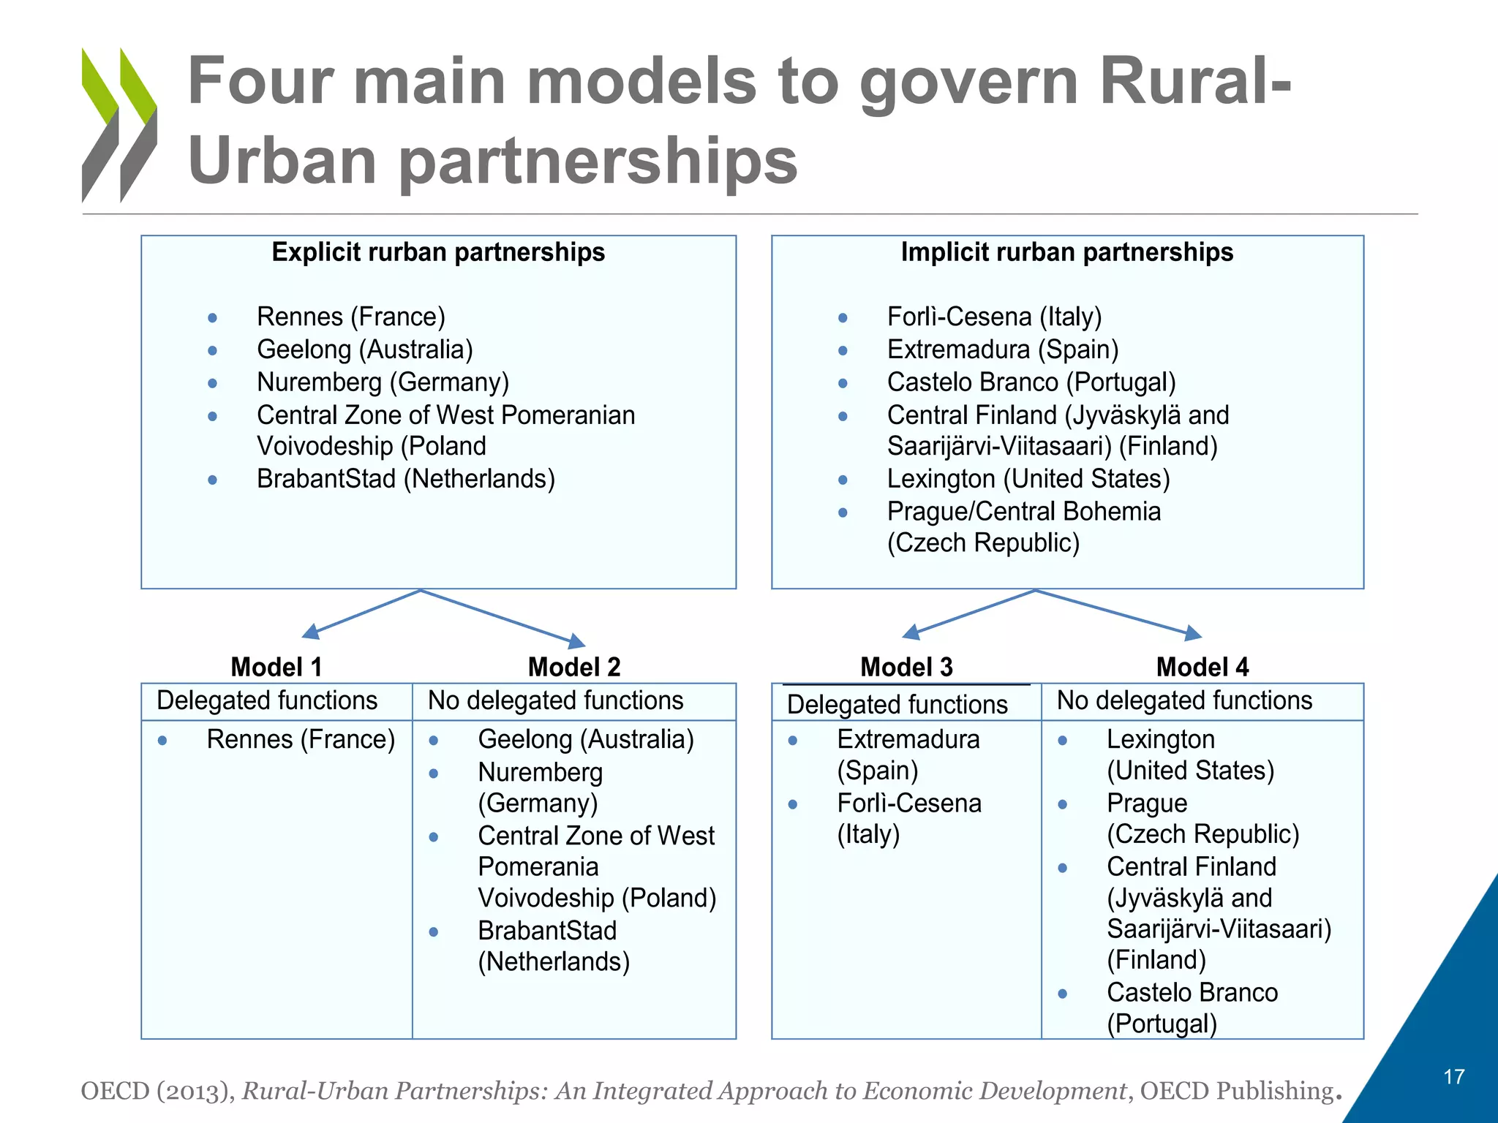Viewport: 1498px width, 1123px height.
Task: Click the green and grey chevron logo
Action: pyautogui.click(x=119, y=124)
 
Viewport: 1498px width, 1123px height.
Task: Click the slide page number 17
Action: pyautogui.click(x=1453, y=1077)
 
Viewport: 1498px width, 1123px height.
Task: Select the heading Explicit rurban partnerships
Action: pyautogui.click(x=438, y=252)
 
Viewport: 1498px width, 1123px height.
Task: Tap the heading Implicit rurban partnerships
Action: pyautogui.click(x=1066, y=252)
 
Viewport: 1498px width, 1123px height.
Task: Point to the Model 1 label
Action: pyautogui.click(x=276, y=667)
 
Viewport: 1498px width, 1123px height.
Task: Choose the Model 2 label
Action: pyautogui.click(x=574, y=667)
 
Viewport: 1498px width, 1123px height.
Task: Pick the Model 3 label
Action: pyautogui.click(x=906, y=667)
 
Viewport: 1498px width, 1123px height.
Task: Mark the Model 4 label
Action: pyautogui.click(x=1202, y=667)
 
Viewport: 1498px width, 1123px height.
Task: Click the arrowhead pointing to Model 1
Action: pyautogui.click(x=311, y=632)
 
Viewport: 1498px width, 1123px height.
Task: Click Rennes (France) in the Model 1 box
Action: pyautogui.click(x=301, y=739)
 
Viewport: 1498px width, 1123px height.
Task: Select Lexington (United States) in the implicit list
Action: pyautogui.click(x=1028, y=479)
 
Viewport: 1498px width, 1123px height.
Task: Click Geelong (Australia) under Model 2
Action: pyautogui.click(x=586, y=739)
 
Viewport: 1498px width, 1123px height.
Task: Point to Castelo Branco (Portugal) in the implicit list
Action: pyautogui.click(x=1031, y=382)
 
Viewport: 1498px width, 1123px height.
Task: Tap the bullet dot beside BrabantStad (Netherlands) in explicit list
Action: pyautogui.click(x=212, y=480)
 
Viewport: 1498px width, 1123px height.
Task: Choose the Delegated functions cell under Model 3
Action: pyautogui.click(x=897, y=704)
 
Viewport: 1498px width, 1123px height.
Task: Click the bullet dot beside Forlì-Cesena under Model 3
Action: pyautogui.click(x=793, y=805)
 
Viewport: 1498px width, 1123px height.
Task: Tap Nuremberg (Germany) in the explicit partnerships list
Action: pyautogui.click(x=383, y=382)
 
